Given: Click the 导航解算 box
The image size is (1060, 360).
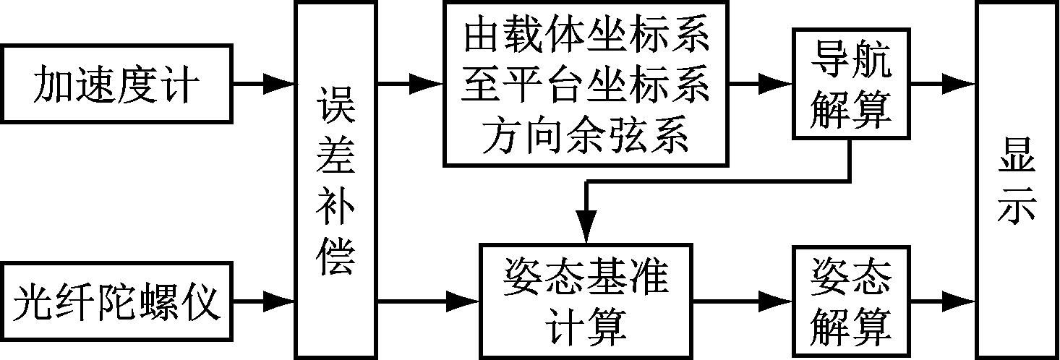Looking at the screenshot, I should [x=850, y=82].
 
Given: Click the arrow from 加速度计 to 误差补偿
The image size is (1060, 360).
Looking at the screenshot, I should [x=265, y=83].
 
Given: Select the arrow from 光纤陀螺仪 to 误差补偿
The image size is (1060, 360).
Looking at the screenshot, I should [x=265, y=299].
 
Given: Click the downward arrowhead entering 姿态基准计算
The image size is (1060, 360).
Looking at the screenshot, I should [x=587, y=224].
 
